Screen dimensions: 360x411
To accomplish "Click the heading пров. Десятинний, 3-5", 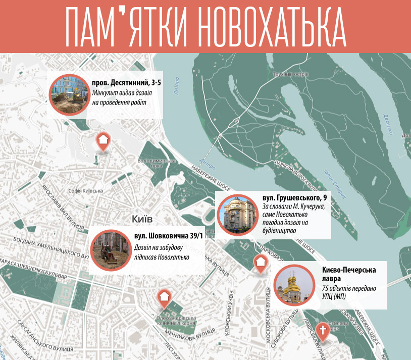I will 123,82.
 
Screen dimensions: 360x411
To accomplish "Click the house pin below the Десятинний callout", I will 103,141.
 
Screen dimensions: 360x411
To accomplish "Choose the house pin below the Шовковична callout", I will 164,298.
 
